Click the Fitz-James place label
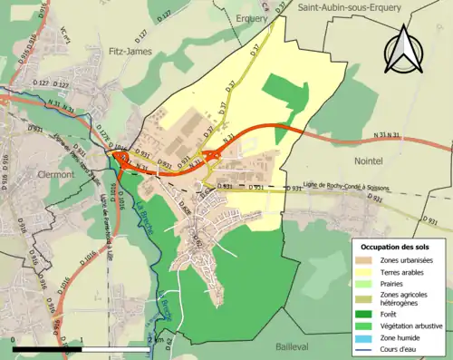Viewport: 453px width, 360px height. [x=127, y=53]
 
